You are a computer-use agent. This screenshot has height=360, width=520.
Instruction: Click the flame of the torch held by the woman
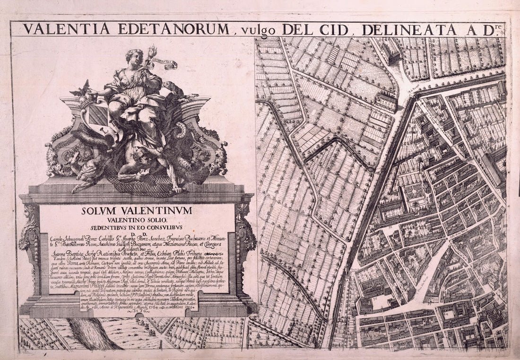tap(153, 50)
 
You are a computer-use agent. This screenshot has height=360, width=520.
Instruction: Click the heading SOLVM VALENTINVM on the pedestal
tap(137, 211)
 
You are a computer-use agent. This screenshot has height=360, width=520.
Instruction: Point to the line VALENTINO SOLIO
tap(137, 220)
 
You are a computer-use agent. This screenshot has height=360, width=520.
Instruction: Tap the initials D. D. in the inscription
tap(137, 234)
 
